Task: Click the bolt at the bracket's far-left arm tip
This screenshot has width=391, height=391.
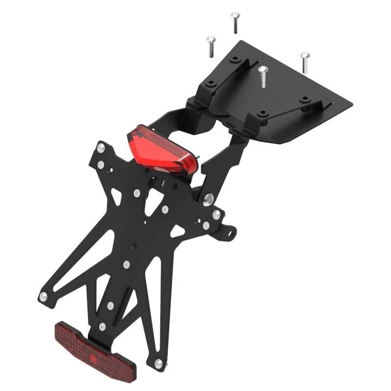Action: [x=43, y=296]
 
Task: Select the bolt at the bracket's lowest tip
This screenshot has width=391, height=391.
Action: [x=158, y=364]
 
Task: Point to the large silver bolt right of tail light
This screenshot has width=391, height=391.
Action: [x=209, y=198]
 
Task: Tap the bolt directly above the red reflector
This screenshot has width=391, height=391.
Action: [x=102, y=326]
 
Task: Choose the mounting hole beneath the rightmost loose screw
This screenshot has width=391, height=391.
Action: [x=304, y=99]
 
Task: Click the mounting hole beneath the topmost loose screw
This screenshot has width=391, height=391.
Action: [x=236, y=59]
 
